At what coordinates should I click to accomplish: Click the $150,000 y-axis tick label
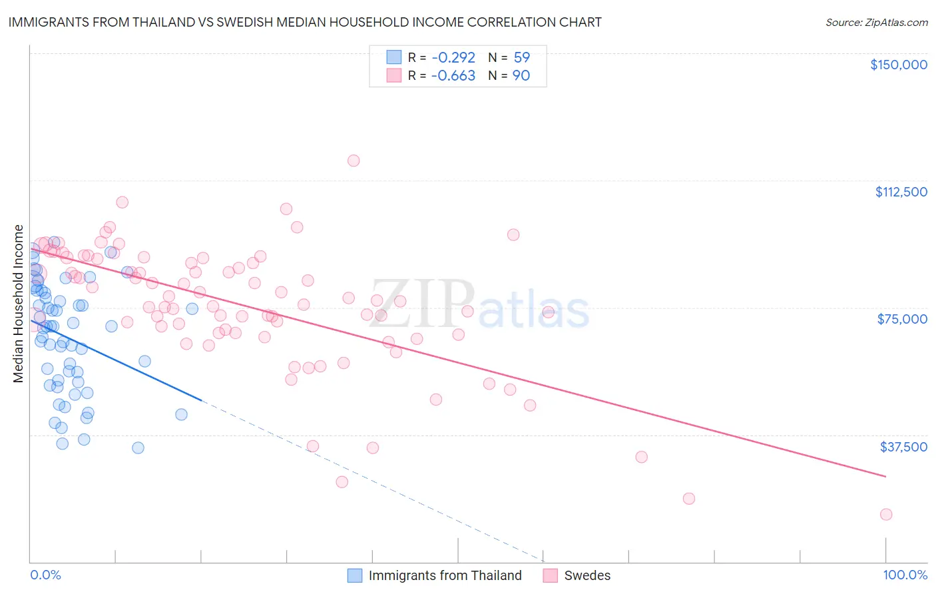click(898, 65)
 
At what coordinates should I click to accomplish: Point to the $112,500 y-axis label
click(901, 192)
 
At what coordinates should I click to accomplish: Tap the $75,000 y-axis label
click(902, 319)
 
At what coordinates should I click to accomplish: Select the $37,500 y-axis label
click(903, 447)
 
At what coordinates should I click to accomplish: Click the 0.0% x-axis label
click(45, 575)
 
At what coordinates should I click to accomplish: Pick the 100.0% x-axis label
click(905, 575)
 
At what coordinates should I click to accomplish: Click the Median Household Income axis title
click(19, 304)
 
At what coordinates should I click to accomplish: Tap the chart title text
click(305, 22)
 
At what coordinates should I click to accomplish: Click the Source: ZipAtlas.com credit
click(876, 23)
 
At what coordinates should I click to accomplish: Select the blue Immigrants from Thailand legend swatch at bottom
click(355, 575)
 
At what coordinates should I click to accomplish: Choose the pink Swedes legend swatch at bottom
click(550, 575)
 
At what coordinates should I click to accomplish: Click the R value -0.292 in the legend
click(453, 58)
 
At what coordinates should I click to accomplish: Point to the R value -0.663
click(453, 76)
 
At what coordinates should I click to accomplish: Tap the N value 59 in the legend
click(521, 58)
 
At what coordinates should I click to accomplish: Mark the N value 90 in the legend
click(521, 76)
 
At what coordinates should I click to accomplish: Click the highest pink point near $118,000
click(353, 160)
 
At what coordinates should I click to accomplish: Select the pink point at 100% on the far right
click(886, 514)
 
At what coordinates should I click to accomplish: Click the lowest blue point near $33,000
click(138, 447)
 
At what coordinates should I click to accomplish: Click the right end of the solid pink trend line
click(885, 476)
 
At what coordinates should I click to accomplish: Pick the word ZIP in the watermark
click(421, 304)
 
